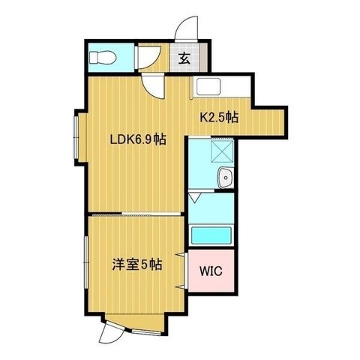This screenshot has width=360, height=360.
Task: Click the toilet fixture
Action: [103, 57]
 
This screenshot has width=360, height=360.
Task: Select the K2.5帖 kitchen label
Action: [219, 117]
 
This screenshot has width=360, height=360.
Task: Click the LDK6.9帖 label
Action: [138, 139]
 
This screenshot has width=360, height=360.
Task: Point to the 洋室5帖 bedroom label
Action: [137, 265]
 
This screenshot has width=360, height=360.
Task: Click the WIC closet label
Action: [211, 271]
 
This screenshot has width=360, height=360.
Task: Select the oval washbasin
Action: [226, 178]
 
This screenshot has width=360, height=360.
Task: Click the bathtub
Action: [211, 235]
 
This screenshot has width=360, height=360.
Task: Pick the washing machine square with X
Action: [222, 151]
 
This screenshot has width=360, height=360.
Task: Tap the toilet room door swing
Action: [149, 58]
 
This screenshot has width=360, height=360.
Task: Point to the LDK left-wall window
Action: [76, 137]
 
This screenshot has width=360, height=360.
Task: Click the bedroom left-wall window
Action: [86, 262]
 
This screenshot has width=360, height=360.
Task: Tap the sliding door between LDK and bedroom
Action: [136, 214]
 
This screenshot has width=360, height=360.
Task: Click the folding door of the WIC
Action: [182, 271]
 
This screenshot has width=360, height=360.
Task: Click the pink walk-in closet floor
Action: [211, 271]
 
